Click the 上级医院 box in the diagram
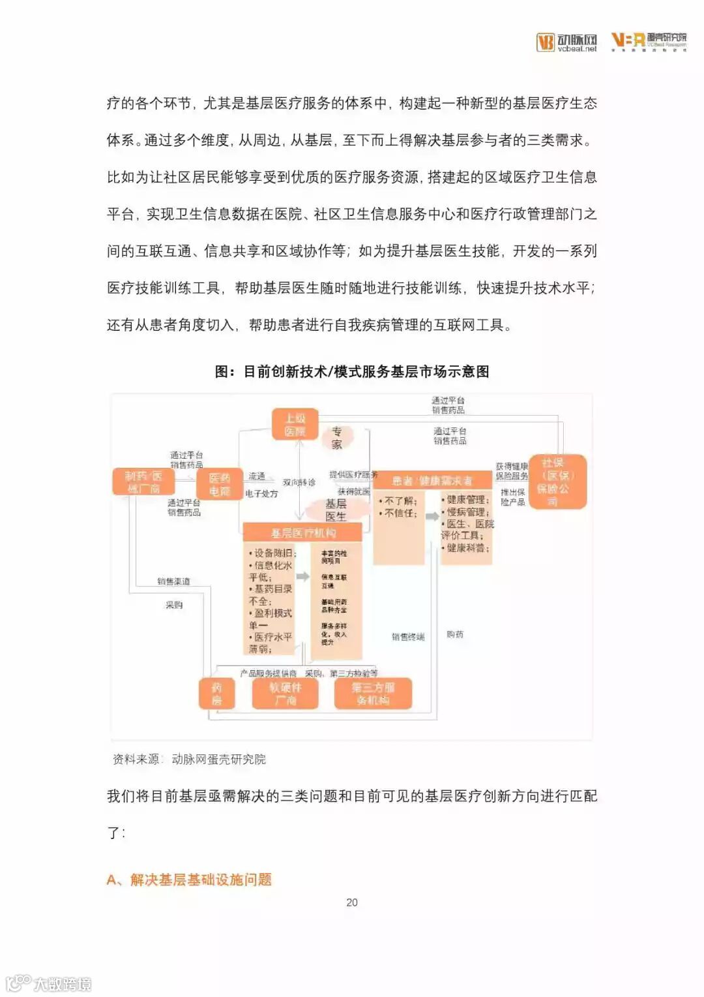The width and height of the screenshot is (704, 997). [x=295, y=425]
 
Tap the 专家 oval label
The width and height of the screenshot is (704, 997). [x=336, y=438]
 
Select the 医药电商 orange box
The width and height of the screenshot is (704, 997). [x=220, y=484]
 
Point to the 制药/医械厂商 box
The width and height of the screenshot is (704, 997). [x=143, y=482]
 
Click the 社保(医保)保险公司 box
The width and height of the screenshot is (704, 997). [x=557, y=482]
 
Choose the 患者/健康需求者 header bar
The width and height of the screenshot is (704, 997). [x=432, y=481]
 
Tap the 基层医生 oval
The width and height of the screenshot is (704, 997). [x=336, y=510]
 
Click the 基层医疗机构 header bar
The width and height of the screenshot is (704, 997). [x=302, y=532]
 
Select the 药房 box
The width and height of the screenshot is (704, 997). [x=216, y=694]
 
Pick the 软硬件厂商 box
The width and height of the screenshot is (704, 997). [x=285, y=694]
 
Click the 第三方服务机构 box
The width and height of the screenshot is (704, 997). [x=373, y=694]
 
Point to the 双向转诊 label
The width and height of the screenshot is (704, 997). [x=299, y=482]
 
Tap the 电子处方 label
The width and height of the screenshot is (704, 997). [x=261, y=494]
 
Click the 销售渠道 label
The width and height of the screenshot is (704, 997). [x=173, y=581]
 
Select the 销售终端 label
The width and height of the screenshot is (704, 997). [x=408, y=637]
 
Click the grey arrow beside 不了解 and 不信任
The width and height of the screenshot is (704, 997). [x=432, y=516]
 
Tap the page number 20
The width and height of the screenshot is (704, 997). [x=352, y=902]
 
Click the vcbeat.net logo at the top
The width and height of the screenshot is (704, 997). [x=567, y=42]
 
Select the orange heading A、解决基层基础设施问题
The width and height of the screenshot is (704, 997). [x=189, y=880]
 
